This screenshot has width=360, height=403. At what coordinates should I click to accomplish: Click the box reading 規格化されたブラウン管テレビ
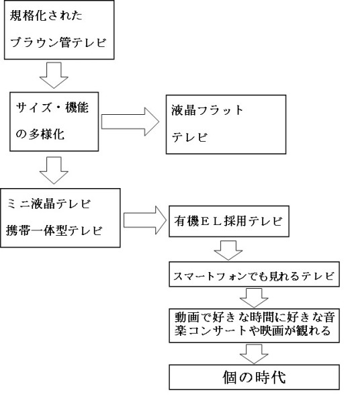(59, 30)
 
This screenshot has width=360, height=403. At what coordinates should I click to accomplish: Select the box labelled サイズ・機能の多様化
(54, 122)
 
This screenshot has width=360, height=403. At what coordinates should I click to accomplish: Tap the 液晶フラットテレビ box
(226, 124)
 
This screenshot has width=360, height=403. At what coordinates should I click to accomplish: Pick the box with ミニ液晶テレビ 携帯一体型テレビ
(60, 218)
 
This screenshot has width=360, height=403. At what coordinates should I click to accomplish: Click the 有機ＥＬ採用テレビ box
(229, 221)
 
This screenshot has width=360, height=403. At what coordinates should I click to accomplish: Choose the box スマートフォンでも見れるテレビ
(254, 274)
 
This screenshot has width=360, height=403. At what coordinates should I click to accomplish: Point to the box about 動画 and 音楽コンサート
(254, 326)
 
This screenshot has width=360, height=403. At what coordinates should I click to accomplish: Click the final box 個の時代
(254, 377)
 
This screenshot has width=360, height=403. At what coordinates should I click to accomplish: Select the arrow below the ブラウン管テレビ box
(54, 76)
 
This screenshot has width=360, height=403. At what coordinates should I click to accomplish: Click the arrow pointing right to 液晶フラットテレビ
(130, 122)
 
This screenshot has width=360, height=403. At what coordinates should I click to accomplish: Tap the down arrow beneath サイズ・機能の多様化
(54, 171)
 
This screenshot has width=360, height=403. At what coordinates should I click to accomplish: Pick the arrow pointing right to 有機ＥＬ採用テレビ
(144, 220)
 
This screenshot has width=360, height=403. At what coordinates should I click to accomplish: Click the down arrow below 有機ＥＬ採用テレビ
(228, 251)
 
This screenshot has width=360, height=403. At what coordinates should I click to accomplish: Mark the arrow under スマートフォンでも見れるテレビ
(254, 298)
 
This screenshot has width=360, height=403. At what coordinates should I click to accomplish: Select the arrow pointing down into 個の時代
(254, 355)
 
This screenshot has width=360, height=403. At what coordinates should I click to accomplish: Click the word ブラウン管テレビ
(58, 42)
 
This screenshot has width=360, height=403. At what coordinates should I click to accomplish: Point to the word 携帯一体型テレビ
(54, 230)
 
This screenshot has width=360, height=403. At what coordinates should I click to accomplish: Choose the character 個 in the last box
(230, 377)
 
